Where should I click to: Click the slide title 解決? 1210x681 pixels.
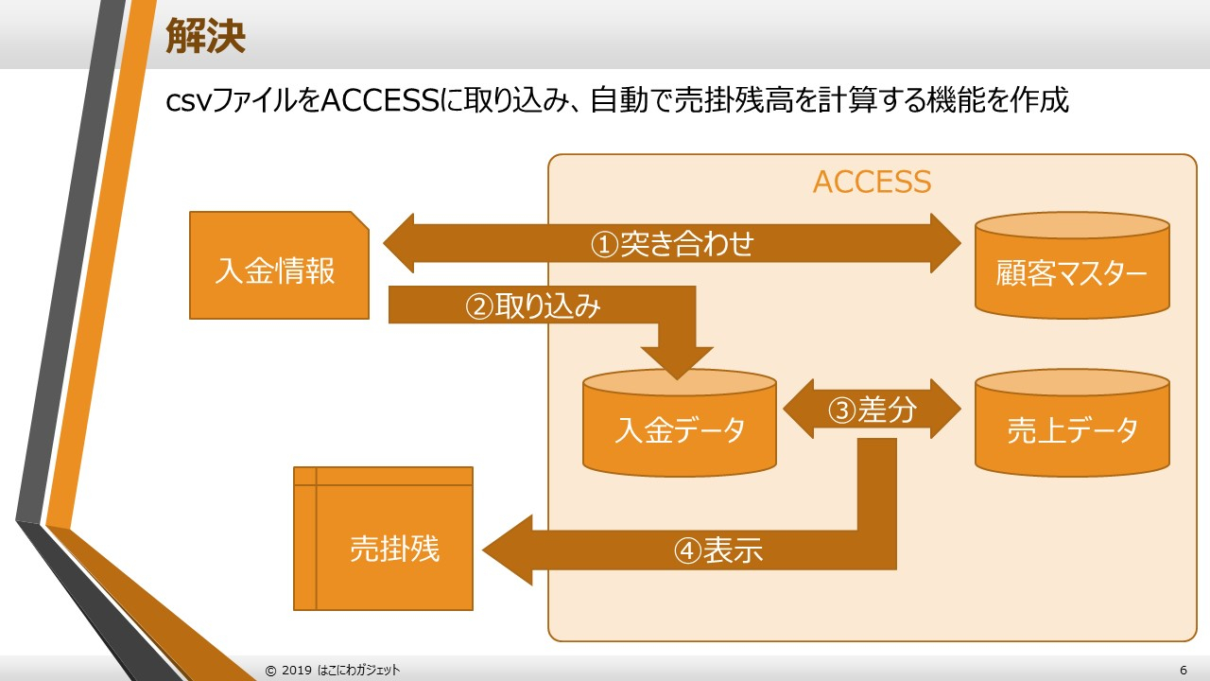point(205,36)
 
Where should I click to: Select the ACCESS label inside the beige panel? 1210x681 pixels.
point(872,182)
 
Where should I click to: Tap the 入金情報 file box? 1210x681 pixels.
point(275,271)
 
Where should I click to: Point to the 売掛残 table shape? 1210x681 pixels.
point(393,548)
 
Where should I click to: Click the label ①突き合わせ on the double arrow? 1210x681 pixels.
point(672,244)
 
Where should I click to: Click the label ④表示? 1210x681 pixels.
point(718,550)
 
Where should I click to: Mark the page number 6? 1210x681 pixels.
point(1184,670)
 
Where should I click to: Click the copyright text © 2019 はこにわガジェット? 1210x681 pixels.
point(333,670)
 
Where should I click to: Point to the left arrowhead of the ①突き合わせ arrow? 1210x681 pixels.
point(402,244)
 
